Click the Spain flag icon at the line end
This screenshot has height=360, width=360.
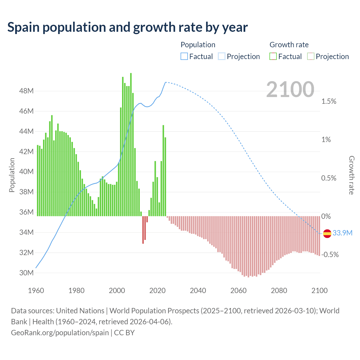[x=327, y=233]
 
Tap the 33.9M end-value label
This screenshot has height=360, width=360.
[x=342, y=233]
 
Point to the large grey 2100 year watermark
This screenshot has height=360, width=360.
[x=290, y=89]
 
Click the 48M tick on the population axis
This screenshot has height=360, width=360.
[x=26, y=91]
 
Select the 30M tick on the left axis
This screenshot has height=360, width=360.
[x=26, y=273]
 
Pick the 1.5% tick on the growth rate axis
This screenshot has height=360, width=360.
[x=329, y=102]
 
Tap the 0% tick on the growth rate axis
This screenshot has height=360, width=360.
[x=326, y=217]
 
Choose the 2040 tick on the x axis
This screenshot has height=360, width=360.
[x=198, y=291]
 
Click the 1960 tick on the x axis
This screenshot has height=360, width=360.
[x=36, y=291]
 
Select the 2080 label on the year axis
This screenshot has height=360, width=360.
[x=279, y=291]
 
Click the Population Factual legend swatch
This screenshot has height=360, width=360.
[x=184, y=57]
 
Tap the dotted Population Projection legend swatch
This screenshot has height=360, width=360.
[x=222, y=57]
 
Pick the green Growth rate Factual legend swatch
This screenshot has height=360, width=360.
[x=273, y=57]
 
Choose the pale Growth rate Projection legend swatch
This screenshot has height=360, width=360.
[x=310, y=57]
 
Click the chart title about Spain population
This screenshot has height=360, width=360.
[x=127, y=27]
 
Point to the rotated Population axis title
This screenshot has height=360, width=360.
[x=12, y=175]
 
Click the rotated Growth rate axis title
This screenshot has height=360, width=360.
[x=352, y=175]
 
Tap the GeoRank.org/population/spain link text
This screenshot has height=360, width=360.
[x=60, y=333]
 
